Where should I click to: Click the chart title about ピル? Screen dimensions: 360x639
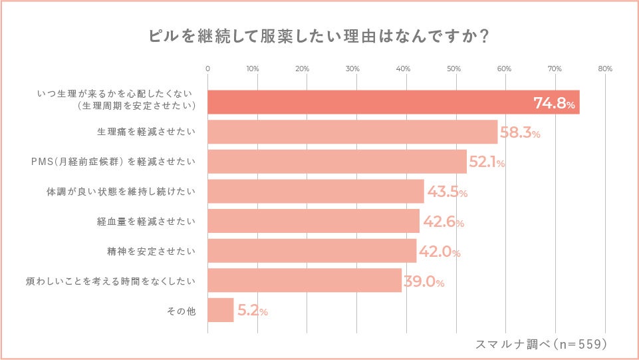point(320,36)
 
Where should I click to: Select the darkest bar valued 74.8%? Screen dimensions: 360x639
point(393,102)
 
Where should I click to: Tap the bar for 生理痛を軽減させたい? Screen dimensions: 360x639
point(352,132)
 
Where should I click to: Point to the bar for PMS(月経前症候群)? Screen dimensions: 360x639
point(337,162)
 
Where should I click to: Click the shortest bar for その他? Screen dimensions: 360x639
point(221,310)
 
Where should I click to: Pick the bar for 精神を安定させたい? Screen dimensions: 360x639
point(312,251)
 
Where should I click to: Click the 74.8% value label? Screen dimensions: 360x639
point(554,103)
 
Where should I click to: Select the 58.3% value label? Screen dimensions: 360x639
point(520,133)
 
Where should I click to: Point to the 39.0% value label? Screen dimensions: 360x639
point(424,282)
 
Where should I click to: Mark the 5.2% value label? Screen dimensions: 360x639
point(253,311)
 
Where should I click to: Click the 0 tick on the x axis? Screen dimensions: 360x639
point(208,69)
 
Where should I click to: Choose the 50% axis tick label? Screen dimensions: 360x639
point(454,69)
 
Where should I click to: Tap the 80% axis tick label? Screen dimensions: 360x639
point(605,69)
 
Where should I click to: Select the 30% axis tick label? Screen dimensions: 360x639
point(353,69)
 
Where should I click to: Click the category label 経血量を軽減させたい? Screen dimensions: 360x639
point(146,222)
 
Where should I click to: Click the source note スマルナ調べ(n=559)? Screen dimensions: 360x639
point(541,344)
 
